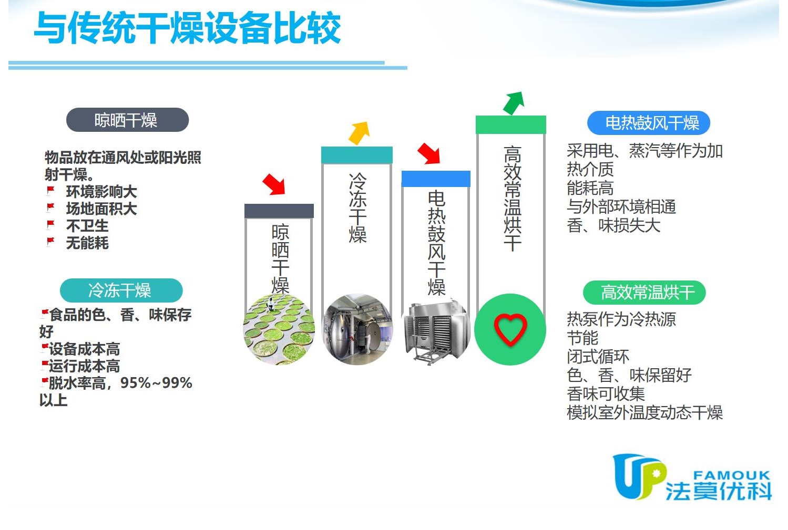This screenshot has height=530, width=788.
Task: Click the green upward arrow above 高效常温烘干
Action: [x=514, y=103]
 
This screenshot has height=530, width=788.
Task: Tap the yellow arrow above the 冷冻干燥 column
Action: [x=359, y=133]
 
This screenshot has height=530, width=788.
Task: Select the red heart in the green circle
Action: [x=510, y=329]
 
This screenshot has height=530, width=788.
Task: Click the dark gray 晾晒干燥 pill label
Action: [x=127, y=120]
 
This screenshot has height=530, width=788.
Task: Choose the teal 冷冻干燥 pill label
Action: [x=121, y=290]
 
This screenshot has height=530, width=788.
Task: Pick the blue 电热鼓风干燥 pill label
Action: [x=649, y=123]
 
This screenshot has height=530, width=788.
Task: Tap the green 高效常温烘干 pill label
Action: [x=644, y=293]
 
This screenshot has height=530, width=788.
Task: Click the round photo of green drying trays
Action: [x=279, y=329]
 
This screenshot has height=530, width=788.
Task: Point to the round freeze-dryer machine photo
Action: [x=357, y=329]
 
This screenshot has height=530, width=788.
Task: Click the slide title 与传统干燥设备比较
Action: [x=188, y=28]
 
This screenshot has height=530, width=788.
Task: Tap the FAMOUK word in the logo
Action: [x=732, y=475]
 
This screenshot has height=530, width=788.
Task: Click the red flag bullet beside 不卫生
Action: [x=50, y=224]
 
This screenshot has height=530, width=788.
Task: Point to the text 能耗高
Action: [x=590, y=188]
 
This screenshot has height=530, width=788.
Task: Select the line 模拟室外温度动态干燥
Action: [x=644, y=412]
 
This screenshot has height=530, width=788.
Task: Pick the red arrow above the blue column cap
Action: [x=429, y=153]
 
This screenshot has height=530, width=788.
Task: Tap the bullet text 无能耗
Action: [x=87, y=243]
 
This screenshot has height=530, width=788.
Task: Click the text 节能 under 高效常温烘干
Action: [x=582, y=338]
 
